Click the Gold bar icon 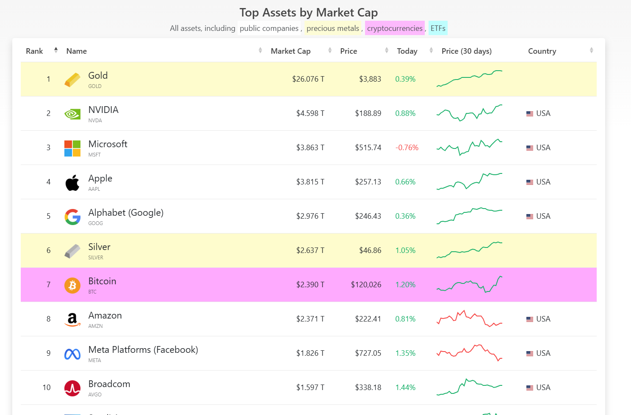tap(72, 80)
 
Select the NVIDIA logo tap(72, 114)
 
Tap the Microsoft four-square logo tap(72, 148)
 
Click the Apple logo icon tap(72, 183)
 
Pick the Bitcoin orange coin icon tap(72, 285)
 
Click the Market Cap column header tap(291, 51)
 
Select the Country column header tap(542, 51)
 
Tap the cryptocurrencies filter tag tap(395, 28)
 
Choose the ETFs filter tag tap(438, 28)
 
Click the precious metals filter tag tap(333, 28)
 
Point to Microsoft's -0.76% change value tap(407, 148)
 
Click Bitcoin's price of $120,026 tap(366, 285)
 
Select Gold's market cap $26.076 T tap(308, 79)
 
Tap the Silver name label tap(99, 247)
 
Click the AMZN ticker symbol tap(95, 326)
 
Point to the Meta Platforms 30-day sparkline tap(469, 352)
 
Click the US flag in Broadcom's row tap(530, 388)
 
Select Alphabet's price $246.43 tap(368, 216)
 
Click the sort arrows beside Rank tap(56, 50)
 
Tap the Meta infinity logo tap(72, 354)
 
